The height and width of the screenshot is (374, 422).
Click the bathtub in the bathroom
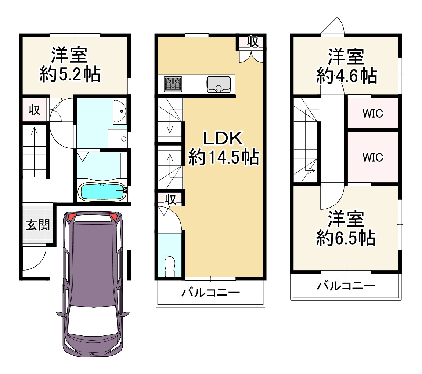pyautogui.click(x=102, y=191)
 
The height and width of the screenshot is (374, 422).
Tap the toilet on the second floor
pyautogui.click(x=170, y=266)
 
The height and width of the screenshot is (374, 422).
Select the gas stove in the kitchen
pyautogui.click(x=173, y=84)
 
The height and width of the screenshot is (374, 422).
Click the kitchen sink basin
pyautogui.click(x=219, y=85)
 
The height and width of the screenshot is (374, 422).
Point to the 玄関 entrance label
pyautogui.click(x=38, y=225)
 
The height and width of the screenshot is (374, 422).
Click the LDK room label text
pyautogui.click(x=223, y=138)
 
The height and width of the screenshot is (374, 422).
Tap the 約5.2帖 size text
pyautogui.click(x=70, y=74)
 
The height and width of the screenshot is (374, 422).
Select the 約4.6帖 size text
pyautogui.click(x=347, y=76)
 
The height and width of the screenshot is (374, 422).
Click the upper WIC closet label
pyautogui.click(x=373, y=114)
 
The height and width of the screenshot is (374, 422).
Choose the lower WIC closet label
pyautogui.click(x=373, y=158)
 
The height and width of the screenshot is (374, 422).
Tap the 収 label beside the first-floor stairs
pyautogui.click(x=35, y=110)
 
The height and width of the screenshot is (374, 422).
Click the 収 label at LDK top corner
pyautogui.click(x=253, y=42)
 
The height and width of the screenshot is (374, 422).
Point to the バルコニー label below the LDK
pyautogui.click(x=211, y=293)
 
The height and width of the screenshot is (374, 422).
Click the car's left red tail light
pyautogui.click(x=72, y=217)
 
